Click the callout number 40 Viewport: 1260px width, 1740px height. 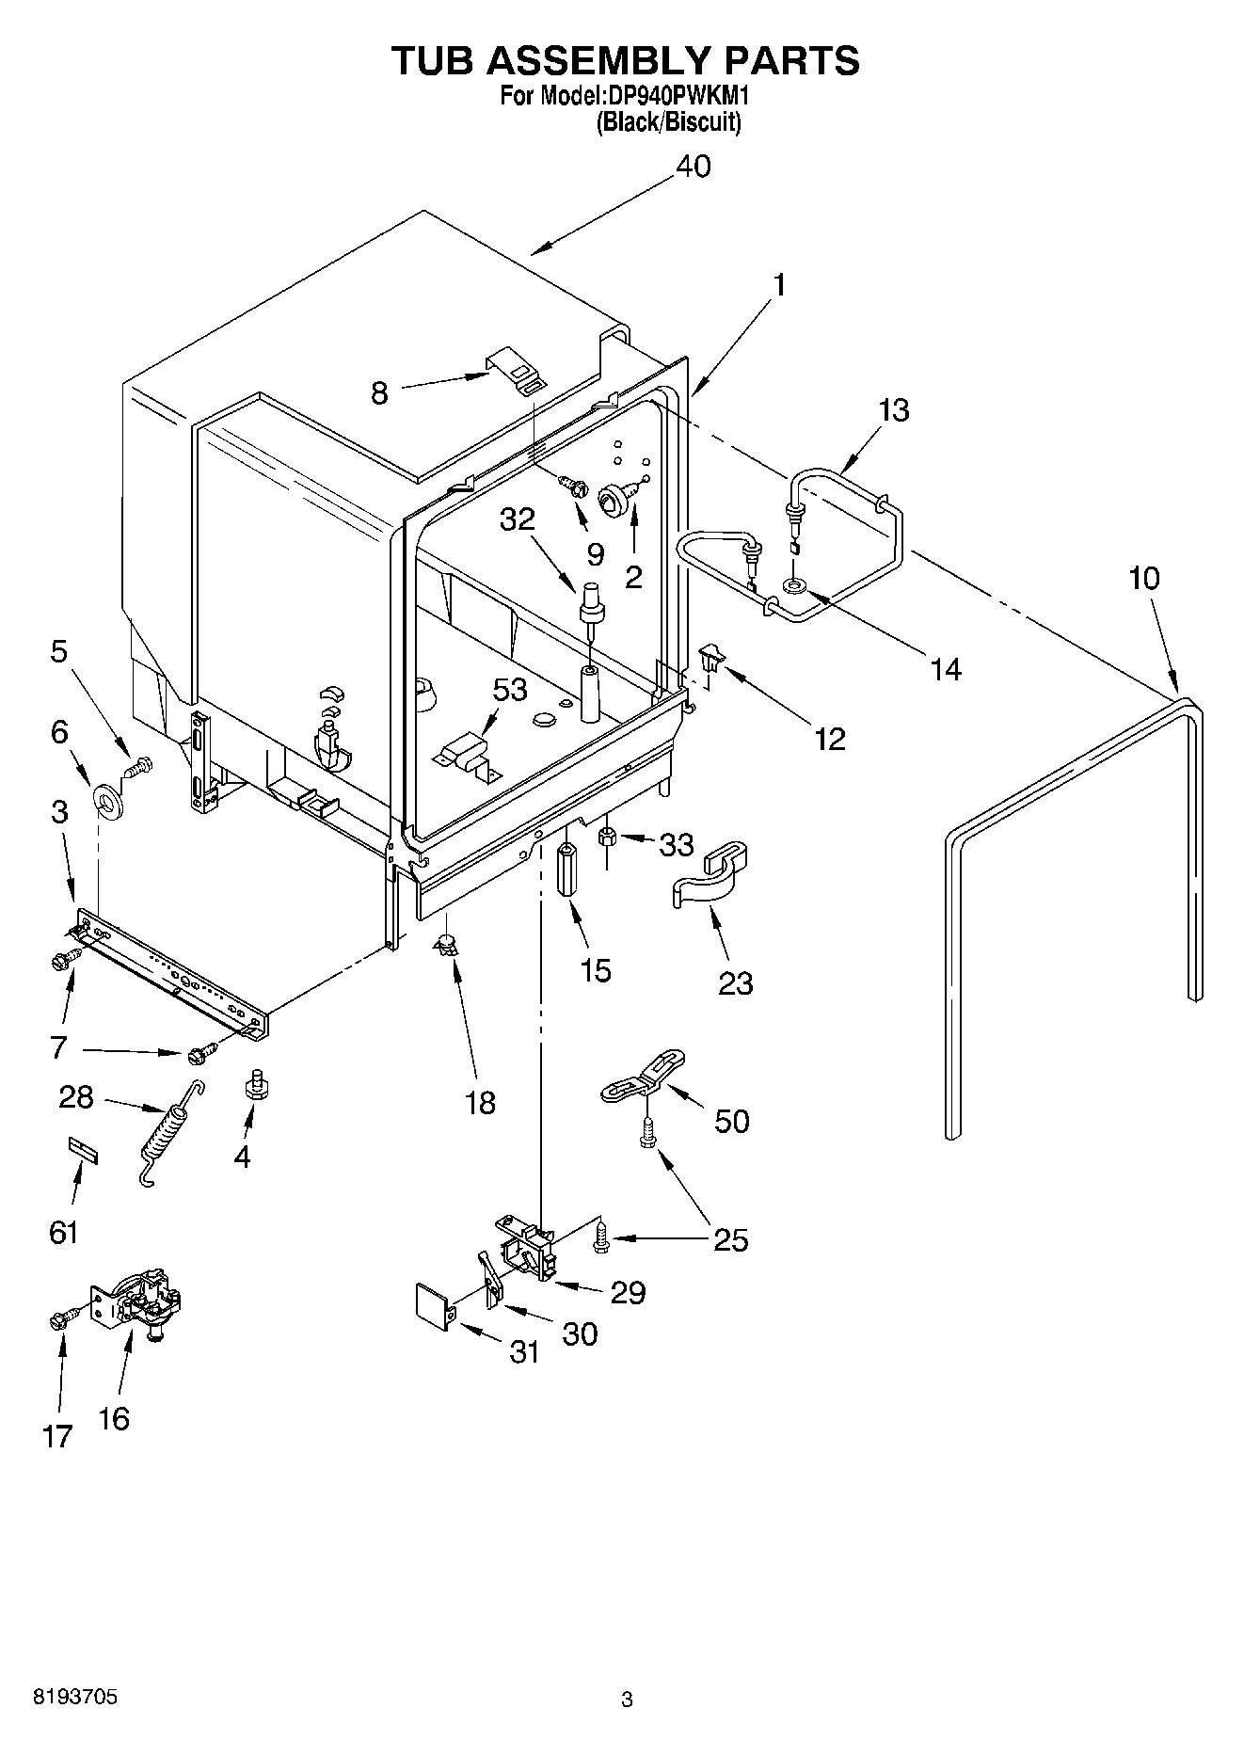[x=694, y=167]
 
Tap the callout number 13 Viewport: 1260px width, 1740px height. [x=894, y=410]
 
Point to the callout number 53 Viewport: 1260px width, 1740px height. [x=510, y=689]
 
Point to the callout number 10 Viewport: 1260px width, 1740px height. [x=1144, y=578]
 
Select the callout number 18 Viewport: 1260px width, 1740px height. [x=480, y=1102]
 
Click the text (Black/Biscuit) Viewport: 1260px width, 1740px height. [x=668, y=121]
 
